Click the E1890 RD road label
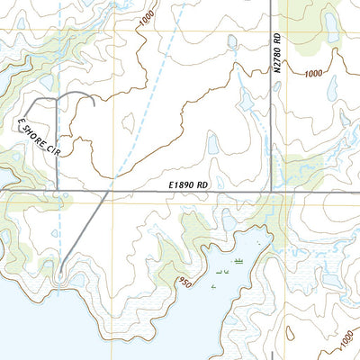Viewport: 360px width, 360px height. (x=189, y=184)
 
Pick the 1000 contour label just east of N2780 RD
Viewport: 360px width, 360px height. (x=314, y=73)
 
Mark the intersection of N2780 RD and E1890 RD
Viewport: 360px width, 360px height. (x=272, y=191)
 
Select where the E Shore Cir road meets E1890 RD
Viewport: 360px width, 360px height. (x=59, y=191)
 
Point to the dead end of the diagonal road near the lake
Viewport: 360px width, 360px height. (x=59, y=272)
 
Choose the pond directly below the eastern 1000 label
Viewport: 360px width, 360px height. (x=331, y=88)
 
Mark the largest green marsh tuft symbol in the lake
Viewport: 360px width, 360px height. (x=238, y=261)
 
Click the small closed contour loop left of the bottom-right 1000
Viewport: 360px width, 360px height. (x=315, y=335)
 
